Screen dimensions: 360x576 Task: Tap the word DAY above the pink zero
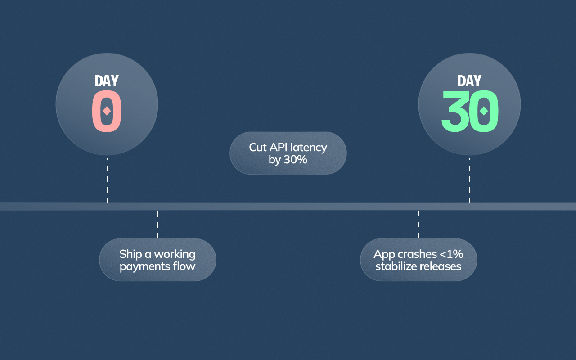107,81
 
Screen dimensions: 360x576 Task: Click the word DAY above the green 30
469,81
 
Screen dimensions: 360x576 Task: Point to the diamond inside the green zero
484,111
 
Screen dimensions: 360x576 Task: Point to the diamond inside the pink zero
107,111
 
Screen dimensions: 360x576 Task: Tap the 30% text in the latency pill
295,159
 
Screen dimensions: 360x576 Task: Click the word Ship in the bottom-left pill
130,254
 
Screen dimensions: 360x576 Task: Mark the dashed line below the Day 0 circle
107,180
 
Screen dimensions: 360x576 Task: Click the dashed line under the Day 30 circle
469,180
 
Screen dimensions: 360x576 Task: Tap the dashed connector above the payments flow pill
157,224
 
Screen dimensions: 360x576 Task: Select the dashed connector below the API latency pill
288,189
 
